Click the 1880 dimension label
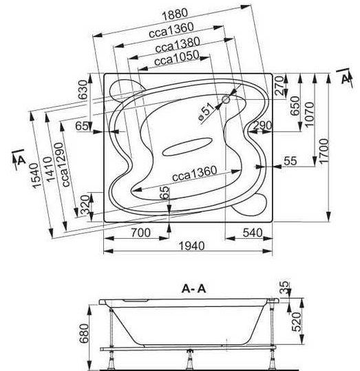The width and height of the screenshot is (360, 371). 175,14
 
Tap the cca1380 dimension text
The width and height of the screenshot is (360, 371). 178,45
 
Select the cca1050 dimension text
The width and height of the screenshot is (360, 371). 177,59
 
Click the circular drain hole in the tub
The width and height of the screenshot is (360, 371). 226,100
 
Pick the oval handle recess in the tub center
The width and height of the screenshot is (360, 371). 187,147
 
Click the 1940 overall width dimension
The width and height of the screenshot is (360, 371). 191,246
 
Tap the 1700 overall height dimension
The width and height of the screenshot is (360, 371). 324,151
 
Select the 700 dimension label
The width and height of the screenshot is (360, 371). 141,233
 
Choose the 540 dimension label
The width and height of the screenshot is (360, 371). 253,233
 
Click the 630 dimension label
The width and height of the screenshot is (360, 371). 83,90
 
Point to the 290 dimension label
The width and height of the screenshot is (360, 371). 262,125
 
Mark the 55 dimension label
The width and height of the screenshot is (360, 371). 290,161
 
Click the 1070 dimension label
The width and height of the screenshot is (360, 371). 309,114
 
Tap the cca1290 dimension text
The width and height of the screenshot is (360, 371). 63,165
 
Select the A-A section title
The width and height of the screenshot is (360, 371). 194,288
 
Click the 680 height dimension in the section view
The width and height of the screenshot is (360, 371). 84,334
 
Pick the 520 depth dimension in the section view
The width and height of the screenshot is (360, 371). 296,322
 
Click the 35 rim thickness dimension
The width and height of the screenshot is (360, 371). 284,287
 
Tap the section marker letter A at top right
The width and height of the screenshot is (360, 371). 346,78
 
